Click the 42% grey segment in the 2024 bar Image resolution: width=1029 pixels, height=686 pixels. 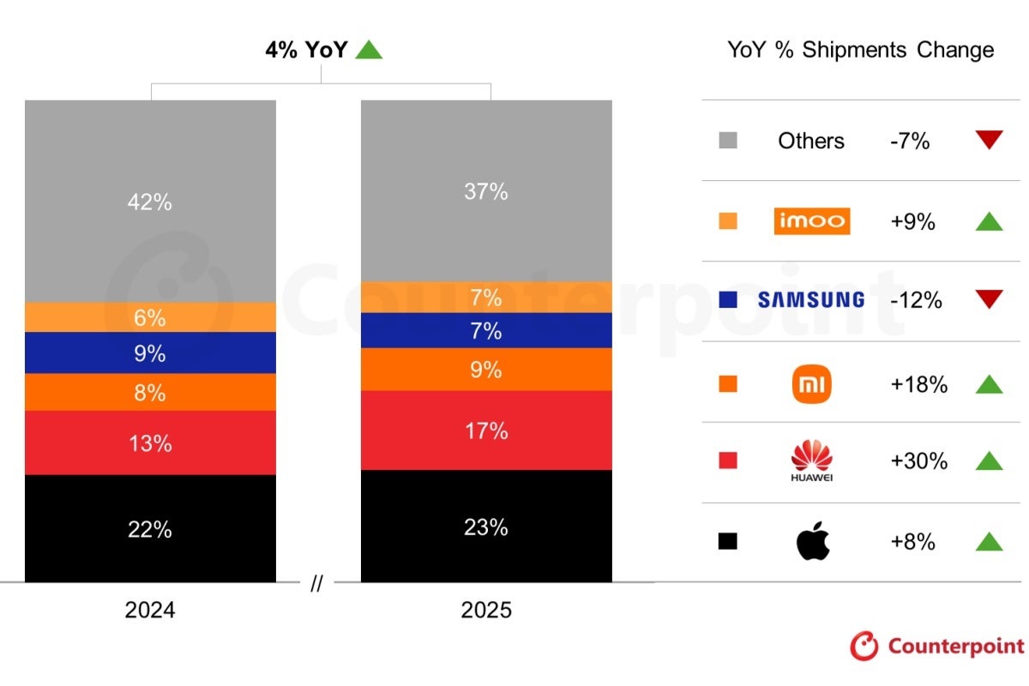coord(150,202)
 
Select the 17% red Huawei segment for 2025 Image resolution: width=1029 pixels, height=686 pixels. coord(486,430)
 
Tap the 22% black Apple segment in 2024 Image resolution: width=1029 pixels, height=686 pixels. coord(150,529)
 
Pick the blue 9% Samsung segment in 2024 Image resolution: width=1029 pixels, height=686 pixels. coord(150,352)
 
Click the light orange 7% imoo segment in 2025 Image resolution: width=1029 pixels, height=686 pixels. coord(486,298)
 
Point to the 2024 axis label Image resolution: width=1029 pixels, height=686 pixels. coord(150,610)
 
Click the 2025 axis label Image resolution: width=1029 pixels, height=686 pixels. coord(486,610)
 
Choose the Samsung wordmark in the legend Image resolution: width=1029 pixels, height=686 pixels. coord(811,300)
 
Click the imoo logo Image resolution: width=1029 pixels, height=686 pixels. coord(811,221)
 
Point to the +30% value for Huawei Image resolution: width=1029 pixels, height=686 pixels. coord(918,461)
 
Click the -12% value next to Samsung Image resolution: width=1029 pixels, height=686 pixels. coord(916,300)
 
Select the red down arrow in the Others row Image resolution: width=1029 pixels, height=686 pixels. coord(989,140)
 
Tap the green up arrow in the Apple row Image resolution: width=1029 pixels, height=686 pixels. coord(989,542)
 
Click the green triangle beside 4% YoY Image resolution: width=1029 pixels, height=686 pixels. coord(369,51)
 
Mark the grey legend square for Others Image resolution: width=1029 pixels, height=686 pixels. coord(728,141)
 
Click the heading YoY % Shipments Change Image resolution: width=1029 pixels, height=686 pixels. coord(860,50)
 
